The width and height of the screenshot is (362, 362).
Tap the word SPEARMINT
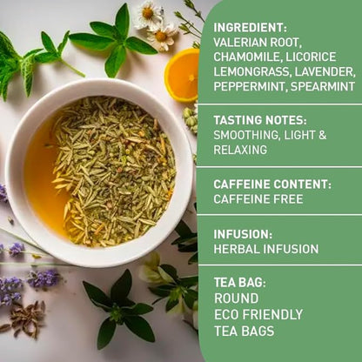coord(325,86)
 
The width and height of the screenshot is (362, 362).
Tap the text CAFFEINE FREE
coord(258,199)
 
